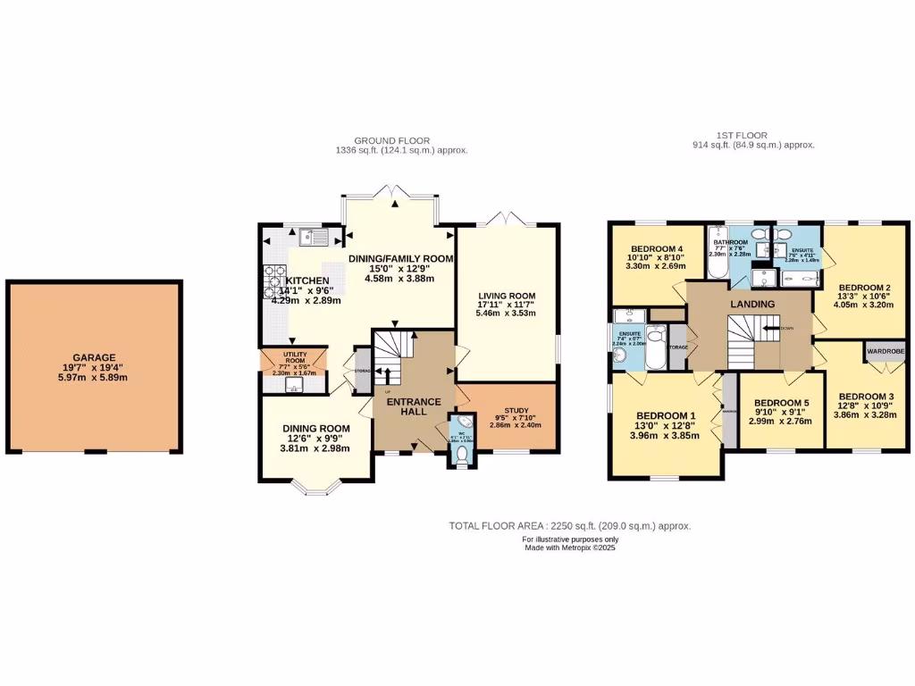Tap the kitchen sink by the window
(x=313, y=237)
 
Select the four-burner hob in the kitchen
(x=269, y=282)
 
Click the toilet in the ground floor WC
(x=461, y=455)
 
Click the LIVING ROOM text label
(x=506, y=297)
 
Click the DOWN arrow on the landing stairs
(x=770, y=329)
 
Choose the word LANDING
(x=751, y=304)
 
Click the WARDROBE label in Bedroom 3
(x=885, y=352)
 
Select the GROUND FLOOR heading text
(x=391, y=140)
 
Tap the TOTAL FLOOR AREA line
(x=569, y=527)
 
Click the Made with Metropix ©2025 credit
(x=569, y=548)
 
